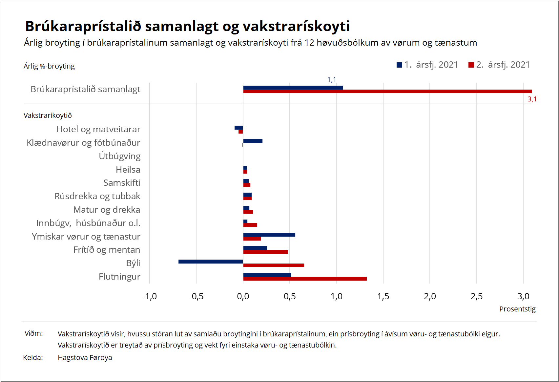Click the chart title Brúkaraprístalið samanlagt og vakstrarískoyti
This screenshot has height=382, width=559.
point(187,26)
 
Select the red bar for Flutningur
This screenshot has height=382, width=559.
point(305,279)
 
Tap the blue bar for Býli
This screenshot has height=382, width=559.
point(211,262)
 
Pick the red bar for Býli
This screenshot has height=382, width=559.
point(274,265)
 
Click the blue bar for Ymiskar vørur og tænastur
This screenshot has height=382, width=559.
point(269,235)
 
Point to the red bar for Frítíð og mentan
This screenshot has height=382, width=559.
point(265,252)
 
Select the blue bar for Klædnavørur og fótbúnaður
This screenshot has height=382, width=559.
point(253,141)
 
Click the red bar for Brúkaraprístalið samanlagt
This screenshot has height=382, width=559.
point(387,91)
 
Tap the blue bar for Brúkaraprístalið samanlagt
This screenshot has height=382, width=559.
point(293,88)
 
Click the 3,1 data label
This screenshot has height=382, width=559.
point(532,99)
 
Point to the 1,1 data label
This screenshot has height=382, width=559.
point(332,80)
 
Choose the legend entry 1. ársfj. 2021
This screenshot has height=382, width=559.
point(427,65)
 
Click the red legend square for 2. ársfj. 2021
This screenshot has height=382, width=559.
point(471,65)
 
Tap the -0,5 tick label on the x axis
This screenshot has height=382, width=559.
point(196,296)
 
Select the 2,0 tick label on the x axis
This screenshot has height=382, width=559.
point(430,296)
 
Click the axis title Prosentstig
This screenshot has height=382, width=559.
point(517,309)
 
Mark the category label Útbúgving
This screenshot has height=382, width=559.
point(119,156)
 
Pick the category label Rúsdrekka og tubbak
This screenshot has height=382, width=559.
point(97,196)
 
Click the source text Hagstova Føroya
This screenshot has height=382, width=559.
point(85,358)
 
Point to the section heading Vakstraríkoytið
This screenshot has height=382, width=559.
point(48,116)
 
